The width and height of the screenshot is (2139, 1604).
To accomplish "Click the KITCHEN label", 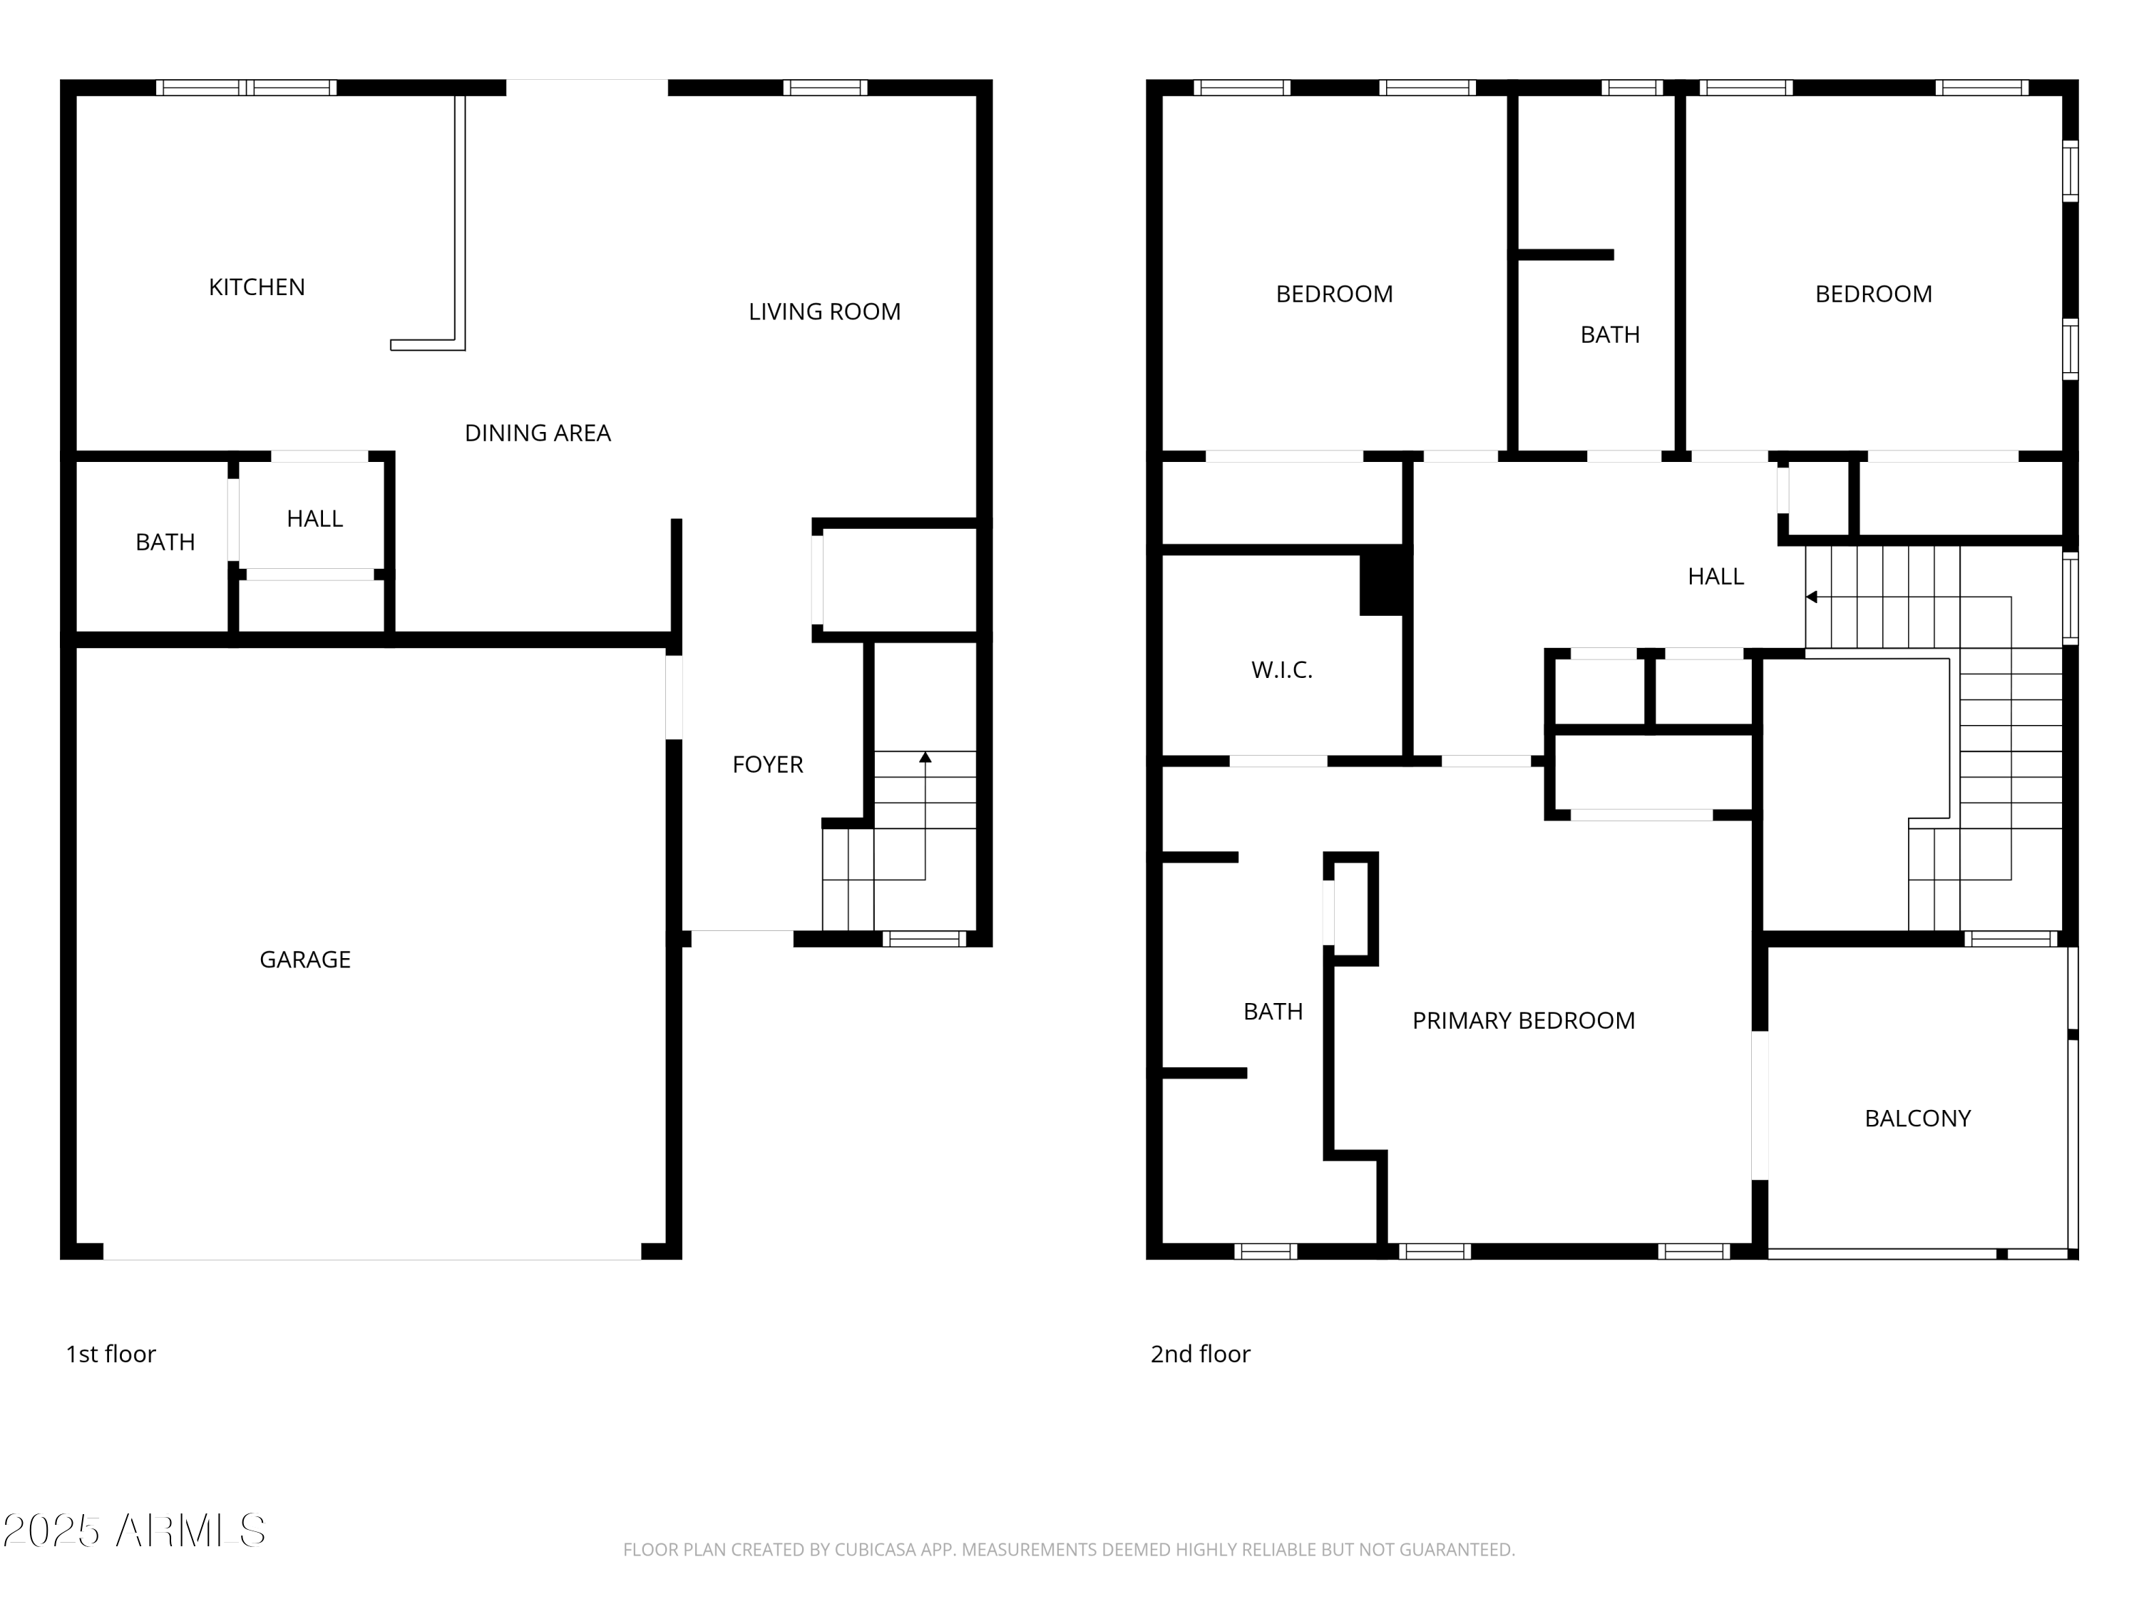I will [x=256, y=287].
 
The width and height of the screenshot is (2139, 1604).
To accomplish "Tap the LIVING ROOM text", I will [x=824, y=312].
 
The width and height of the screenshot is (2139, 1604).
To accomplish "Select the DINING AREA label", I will [x=538, y=433].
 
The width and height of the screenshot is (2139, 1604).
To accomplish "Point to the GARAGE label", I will [x=304, y=959].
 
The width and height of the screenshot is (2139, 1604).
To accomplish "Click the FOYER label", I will [x=766, y=765].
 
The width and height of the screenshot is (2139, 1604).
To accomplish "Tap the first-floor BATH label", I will [x=165, y=543].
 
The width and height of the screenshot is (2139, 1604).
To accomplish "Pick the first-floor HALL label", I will [x=314, y=519].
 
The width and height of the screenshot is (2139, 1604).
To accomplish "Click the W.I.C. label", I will [x=1281, y=670].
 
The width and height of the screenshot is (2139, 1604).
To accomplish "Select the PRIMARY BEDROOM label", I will [x=1523, y=1020].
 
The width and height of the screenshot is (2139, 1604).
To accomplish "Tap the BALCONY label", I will [x=1917, y=1119].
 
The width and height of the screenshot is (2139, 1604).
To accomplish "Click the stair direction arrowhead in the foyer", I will [x=925, y=757].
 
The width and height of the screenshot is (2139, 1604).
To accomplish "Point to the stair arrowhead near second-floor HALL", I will [x=1811, y=597].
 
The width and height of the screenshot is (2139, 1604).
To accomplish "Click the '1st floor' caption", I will [x=111, y=1354].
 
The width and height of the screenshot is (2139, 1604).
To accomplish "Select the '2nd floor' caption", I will [x=1200, y=1354].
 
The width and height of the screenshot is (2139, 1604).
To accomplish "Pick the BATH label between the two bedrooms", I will [x=1609, y=334].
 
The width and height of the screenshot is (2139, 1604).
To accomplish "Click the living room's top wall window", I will [x=825, y=88].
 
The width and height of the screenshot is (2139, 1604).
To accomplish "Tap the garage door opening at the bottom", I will [x=372, y=1252].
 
